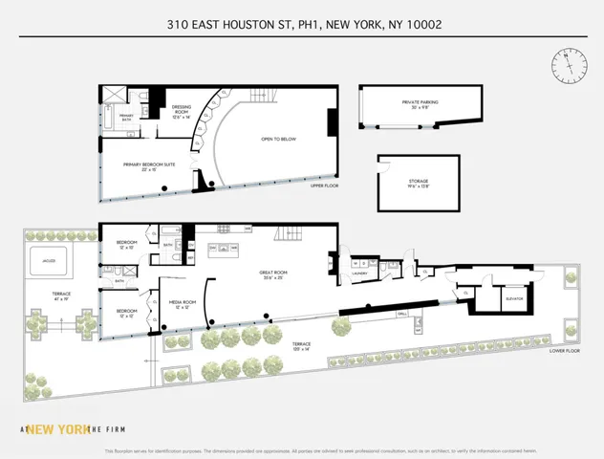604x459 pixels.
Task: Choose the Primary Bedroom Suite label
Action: [x=147, y=166]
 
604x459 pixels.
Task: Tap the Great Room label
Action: [x=273, y=275]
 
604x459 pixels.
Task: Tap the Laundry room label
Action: [x=359, y=273]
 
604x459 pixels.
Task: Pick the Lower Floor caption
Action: [x=565, y=350]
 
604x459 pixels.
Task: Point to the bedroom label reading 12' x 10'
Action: [x=127, y=314]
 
